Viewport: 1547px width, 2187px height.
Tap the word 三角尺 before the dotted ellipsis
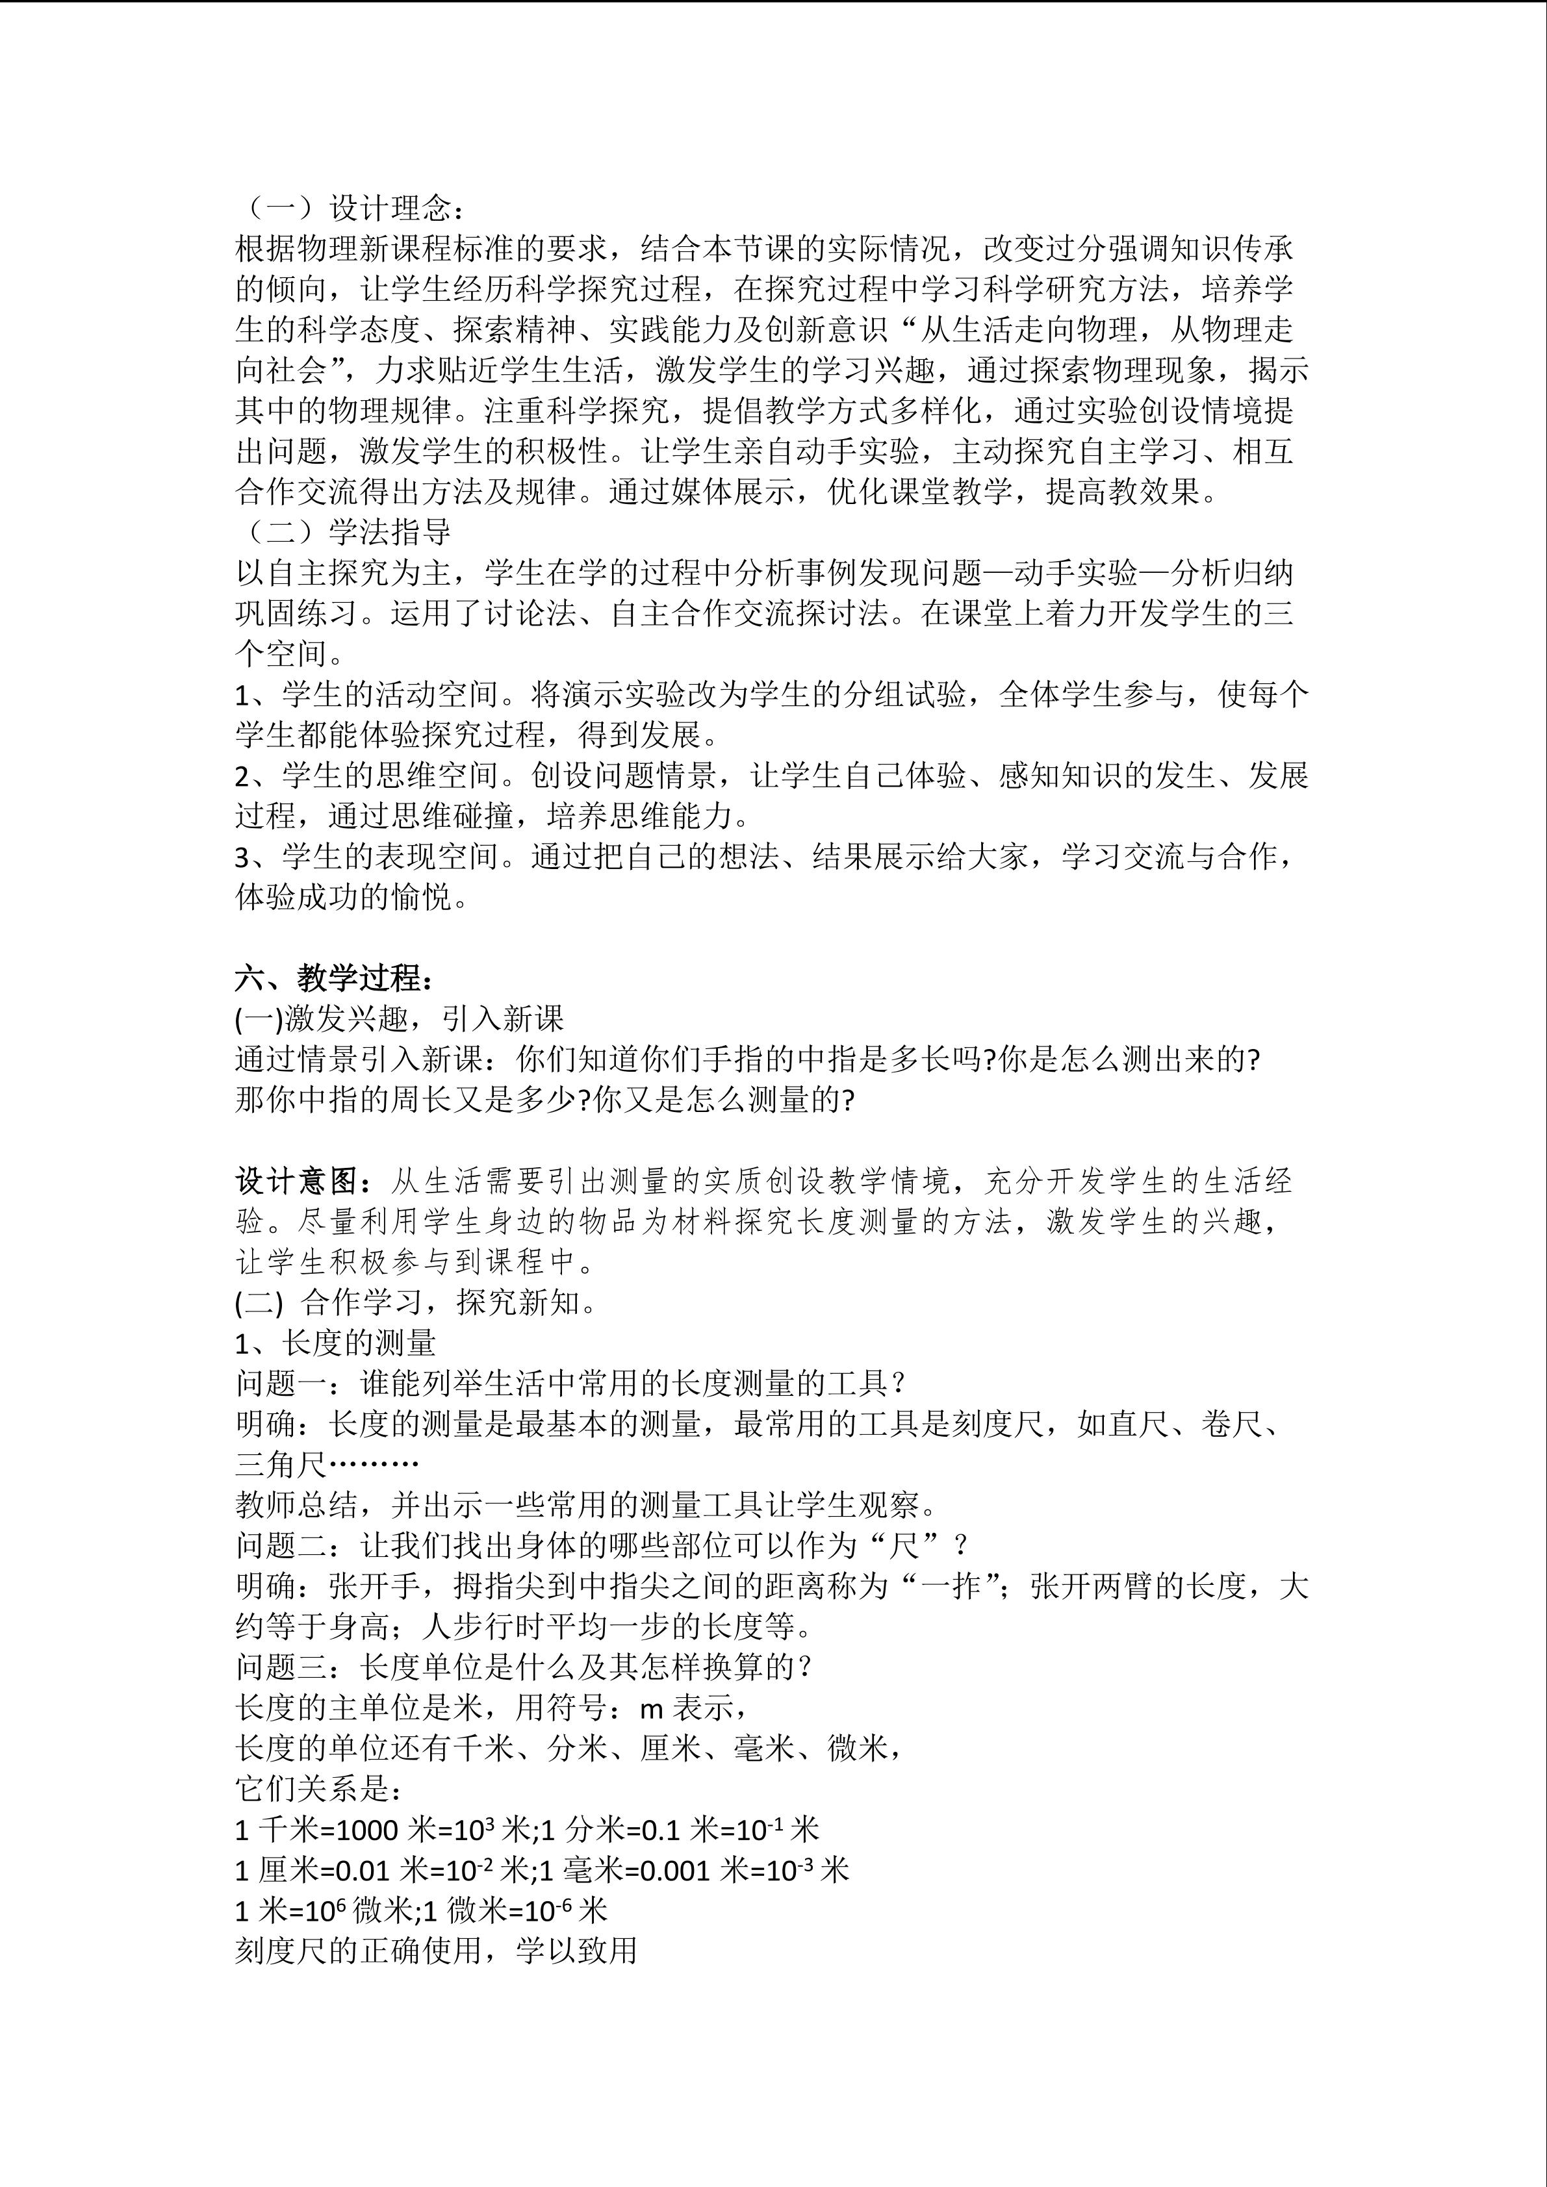[281, 1464]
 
